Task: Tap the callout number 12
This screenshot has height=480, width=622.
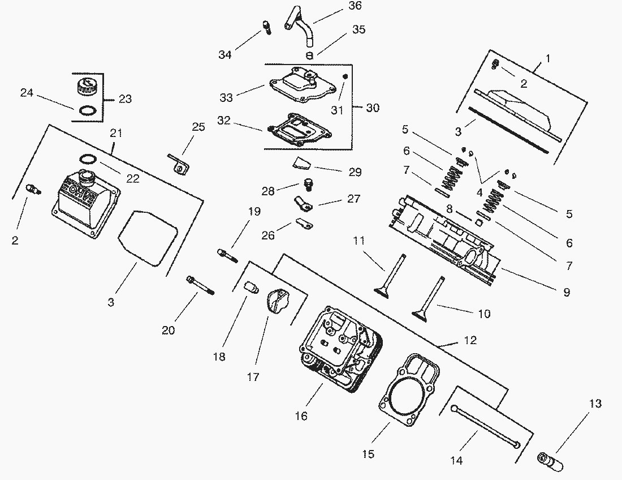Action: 470,340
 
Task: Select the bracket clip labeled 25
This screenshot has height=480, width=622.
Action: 177,162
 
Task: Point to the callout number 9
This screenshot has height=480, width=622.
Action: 566,293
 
